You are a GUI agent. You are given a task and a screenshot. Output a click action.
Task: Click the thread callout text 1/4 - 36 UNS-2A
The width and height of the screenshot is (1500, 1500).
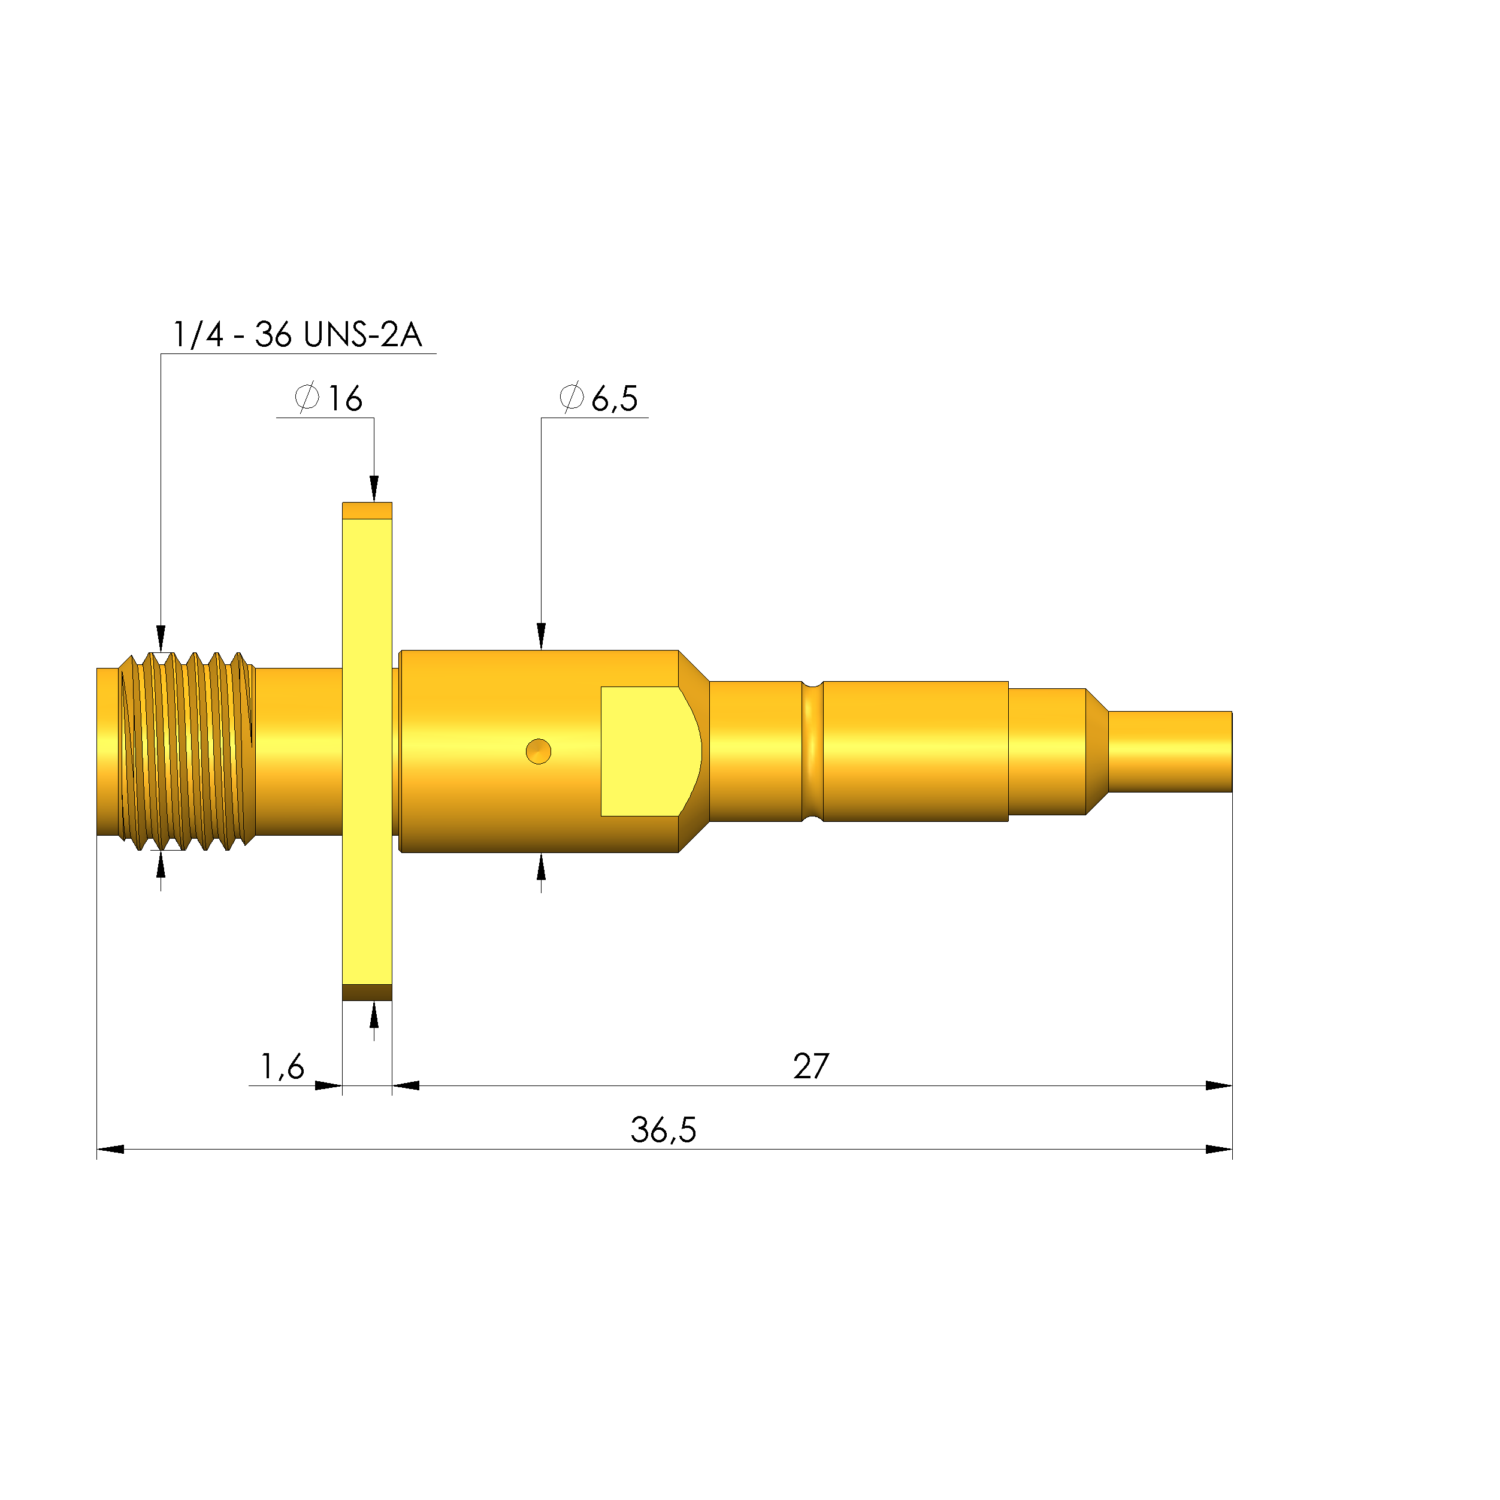pyautogui.click(x=297, y=335)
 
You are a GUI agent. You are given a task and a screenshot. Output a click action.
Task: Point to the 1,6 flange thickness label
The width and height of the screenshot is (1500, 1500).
pyautogui.click(x=282, y=1067)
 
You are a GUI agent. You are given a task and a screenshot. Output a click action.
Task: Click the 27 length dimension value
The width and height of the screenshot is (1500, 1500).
pyautogui.click(x=811, y=1067)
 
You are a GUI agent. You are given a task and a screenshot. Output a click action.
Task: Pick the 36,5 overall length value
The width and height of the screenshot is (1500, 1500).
pyautogui.click(x=663, y=1130)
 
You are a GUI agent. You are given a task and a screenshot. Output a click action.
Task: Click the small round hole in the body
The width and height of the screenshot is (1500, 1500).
pyautogui.click(x=538, y=752)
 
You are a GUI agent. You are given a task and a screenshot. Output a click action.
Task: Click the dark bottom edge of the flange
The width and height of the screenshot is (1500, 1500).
pyautogui.click(x=367, y=992)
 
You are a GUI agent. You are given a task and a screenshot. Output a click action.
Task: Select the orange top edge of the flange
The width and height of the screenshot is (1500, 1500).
pyautogui.click(x=367, y=510)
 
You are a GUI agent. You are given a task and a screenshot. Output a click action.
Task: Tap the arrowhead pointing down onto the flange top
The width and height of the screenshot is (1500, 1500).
pyautogui.click(x=374, y=489)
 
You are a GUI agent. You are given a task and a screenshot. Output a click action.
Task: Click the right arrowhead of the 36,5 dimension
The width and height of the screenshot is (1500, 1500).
pyautogui.click(x=1219, y=1149)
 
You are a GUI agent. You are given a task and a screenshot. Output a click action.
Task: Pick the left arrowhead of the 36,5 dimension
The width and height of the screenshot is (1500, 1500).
pyautogui.click(x=110, y=1149)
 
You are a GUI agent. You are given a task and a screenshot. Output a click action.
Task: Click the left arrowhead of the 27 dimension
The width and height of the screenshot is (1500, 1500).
pyautogui.click(x=406, y=1085)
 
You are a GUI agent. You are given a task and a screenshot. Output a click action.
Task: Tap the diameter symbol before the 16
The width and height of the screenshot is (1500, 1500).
pyautogui.click(x=307, y=398)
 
